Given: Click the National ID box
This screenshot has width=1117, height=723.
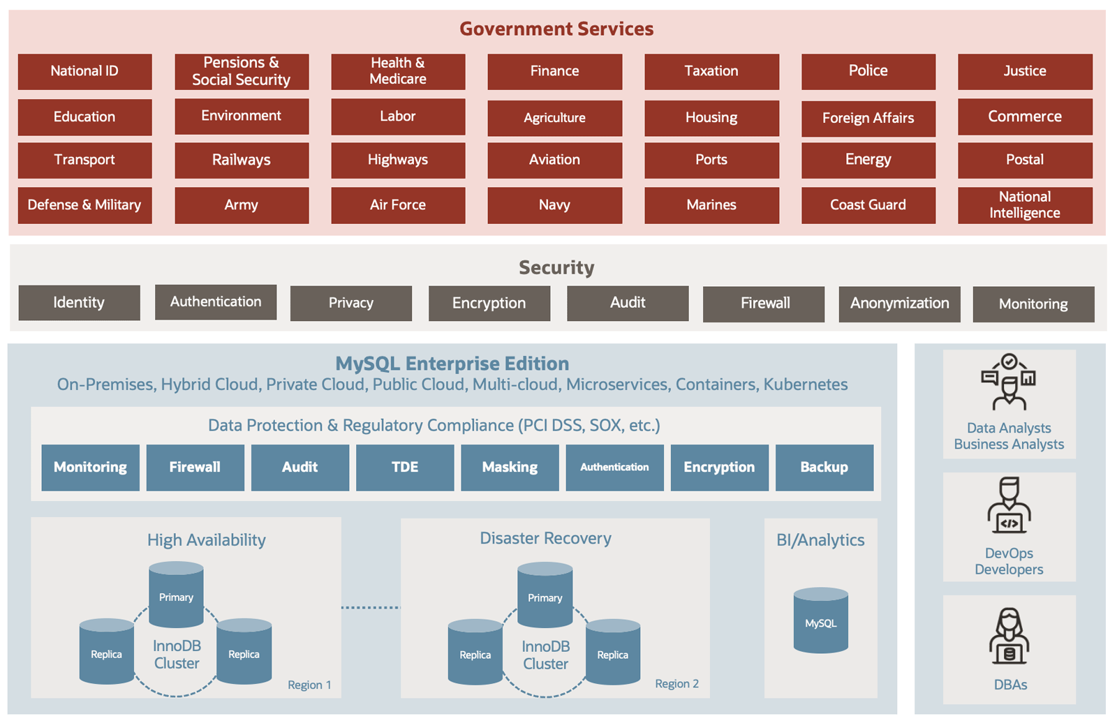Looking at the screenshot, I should (x=84, y=71).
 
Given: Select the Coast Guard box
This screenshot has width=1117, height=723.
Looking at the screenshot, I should (x=868, y=205).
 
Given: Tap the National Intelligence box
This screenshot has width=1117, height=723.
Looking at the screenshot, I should (x=1024, y=205).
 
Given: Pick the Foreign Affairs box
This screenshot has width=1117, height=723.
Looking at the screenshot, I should (x=868, y=118).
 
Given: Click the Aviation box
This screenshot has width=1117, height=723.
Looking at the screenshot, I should (x=554, y=160).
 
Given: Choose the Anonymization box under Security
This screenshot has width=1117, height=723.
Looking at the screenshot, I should (x=899, y=304).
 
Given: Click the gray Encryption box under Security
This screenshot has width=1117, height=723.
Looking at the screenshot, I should (x=489, y=304).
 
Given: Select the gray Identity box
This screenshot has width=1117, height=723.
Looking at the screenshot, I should (x=79, y=303).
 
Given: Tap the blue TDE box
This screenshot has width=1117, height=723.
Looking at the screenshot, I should (x=405, y=468).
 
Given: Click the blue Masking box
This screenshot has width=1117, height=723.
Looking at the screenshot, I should (x=510, y=468).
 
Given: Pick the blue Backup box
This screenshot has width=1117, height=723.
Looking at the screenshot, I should (x=824, y=468).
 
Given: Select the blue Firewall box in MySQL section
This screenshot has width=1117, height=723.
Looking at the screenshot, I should (x=195, y=468).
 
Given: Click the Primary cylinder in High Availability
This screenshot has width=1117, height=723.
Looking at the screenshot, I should (x=176, y=595).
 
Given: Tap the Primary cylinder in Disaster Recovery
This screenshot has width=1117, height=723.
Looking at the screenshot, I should (x=545, y=595).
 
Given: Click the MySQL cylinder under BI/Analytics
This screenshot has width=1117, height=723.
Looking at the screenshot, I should (x=820, y=621).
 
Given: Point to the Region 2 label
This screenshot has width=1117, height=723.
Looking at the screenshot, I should (x=676, y=684).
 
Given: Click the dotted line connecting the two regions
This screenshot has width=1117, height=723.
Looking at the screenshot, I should (x=371, y=607).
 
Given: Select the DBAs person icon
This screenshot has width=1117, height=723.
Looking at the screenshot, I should (x=1009, y=636).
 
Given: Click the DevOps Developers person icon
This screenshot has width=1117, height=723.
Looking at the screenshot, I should (x=1009, y=507).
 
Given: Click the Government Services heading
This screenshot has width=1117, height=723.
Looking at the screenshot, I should (x=556, y=29).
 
